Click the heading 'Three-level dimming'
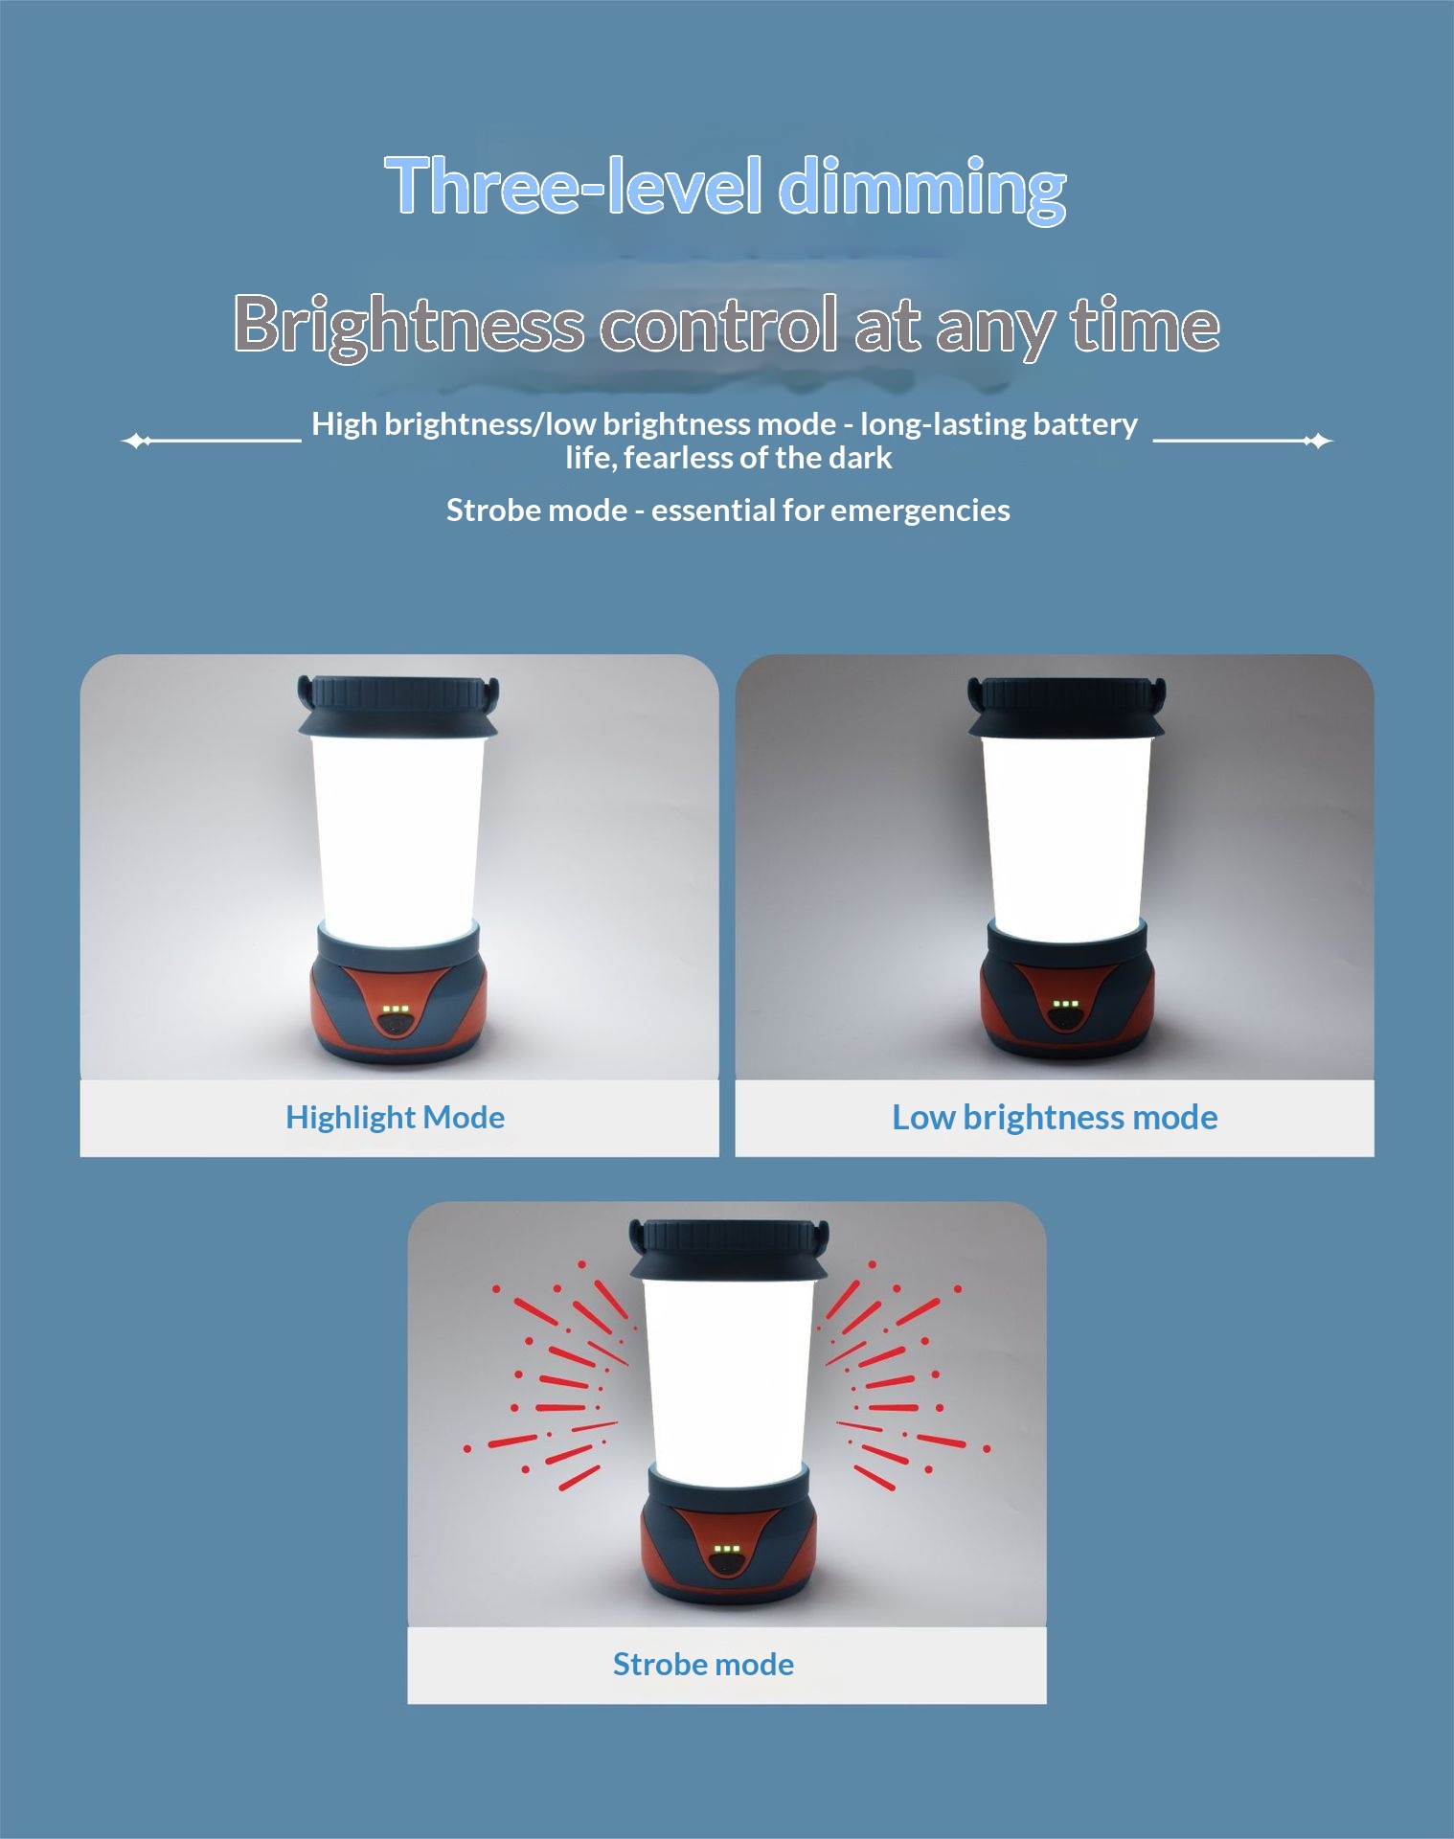click(x=726, y=187)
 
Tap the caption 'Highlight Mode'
click(x=395, y=1118)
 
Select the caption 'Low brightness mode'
click(x=1055, y=1118)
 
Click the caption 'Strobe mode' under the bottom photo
click(x=703, y=1665)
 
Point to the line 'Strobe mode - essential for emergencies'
click(x=728, y=511)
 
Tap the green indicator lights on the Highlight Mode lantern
click(x=396, y=1010)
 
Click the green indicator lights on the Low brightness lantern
click(x=1065, y=1005)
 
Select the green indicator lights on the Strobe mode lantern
click(x=728, y=1549)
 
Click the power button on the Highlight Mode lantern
click(x=396, y=1025)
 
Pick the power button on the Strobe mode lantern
click(x=728, y=1564)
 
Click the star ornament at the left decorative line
click(x=138, y=441)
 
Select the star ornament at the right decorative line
click(x=1318, y=441)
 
